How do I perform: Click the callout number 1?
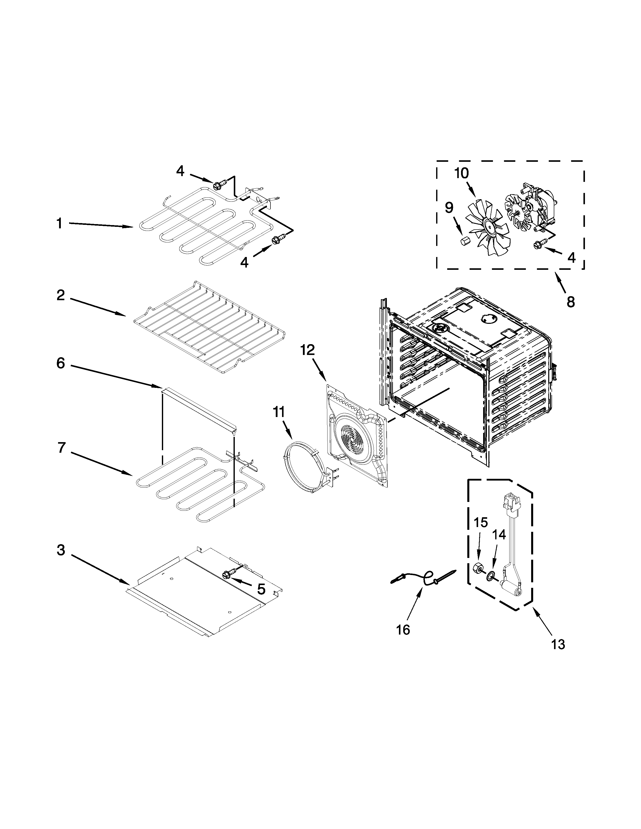[59, 224]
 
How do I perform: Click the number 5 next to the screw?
[261, 589]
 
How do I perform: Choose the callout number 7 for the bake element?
[62, 448]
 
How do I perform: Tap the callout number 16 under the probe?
[403, 630]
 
